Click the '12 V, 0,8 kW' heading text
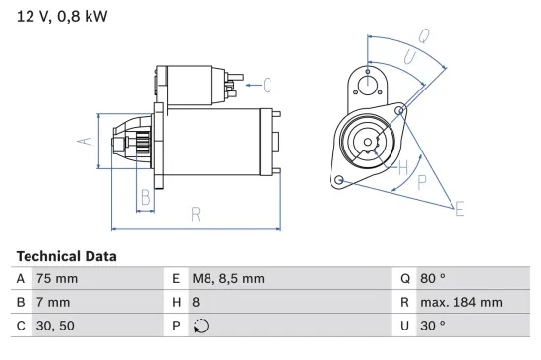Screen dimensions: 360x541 coord(61,17)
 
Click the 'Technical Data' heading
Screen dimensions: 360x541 coord(66,256)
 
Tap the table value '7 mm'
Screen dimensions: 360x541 coord(55,303)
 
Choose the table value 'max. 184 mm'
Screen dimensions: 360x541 coord(463,303)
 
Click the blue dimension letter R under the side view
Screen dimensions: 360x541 coord(196,213)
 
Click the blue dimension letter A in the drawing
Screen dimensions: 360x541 coord(85,141)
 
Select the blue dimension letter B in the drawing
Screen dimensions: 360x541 coord(145,196)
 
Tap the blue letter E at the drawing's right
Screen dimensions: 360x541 coord(458,208)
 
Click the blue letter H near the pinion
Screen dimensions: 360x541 coord(401,166)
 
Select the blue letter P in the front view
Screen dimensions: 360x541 coord(421,181)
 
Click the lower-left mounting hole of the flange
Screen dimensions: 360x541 coord(339,180)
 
